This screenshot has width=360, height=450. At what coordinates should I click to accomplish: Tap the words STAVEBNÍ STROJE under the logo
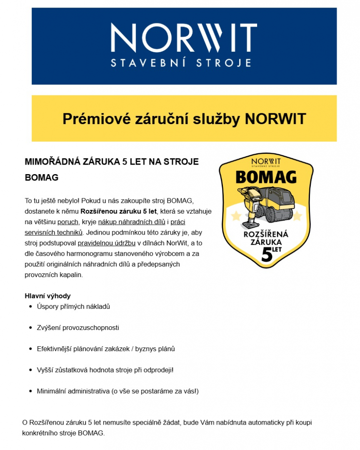click(x=181, y=63)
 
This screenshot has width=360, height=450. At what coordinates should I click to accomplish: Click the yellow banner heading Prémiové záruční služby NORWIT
click(x=184, y=119)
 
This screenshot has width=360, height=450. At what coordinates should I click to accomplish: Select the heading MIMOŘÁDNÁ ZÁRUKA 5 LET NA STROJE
click(x=112, y=162)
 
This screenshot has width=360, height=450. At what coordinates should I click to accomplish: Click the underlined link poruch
click(x=68, y=222)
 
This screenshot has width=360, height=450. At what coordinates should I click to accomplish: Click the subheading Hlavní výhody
click(x=47, y=296)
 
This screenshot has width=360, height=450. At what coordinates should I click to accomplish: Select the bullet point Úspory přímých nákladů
click(x=73, y=307)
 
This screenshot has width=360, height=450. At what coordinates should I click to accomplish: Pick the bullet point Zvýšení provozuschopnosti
click(x=78, y=327)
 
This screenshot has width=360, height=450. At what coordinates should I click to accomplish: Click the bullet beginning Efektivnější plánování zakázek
click(x=106, y=349)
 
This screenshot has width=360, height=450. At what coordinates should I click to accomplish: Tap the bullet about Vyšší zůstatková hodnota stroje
click(x=105, y=370)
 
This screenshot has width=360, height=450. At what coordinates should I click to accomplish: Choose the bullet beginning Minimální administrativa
click(x=117, y=391)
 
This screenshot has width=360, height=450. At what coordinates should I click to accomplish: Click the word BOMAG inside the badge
click(x=266, y=177)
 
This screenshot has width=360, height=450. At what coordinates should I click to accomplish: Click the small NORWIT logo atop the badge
click(x=266, y=161)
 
